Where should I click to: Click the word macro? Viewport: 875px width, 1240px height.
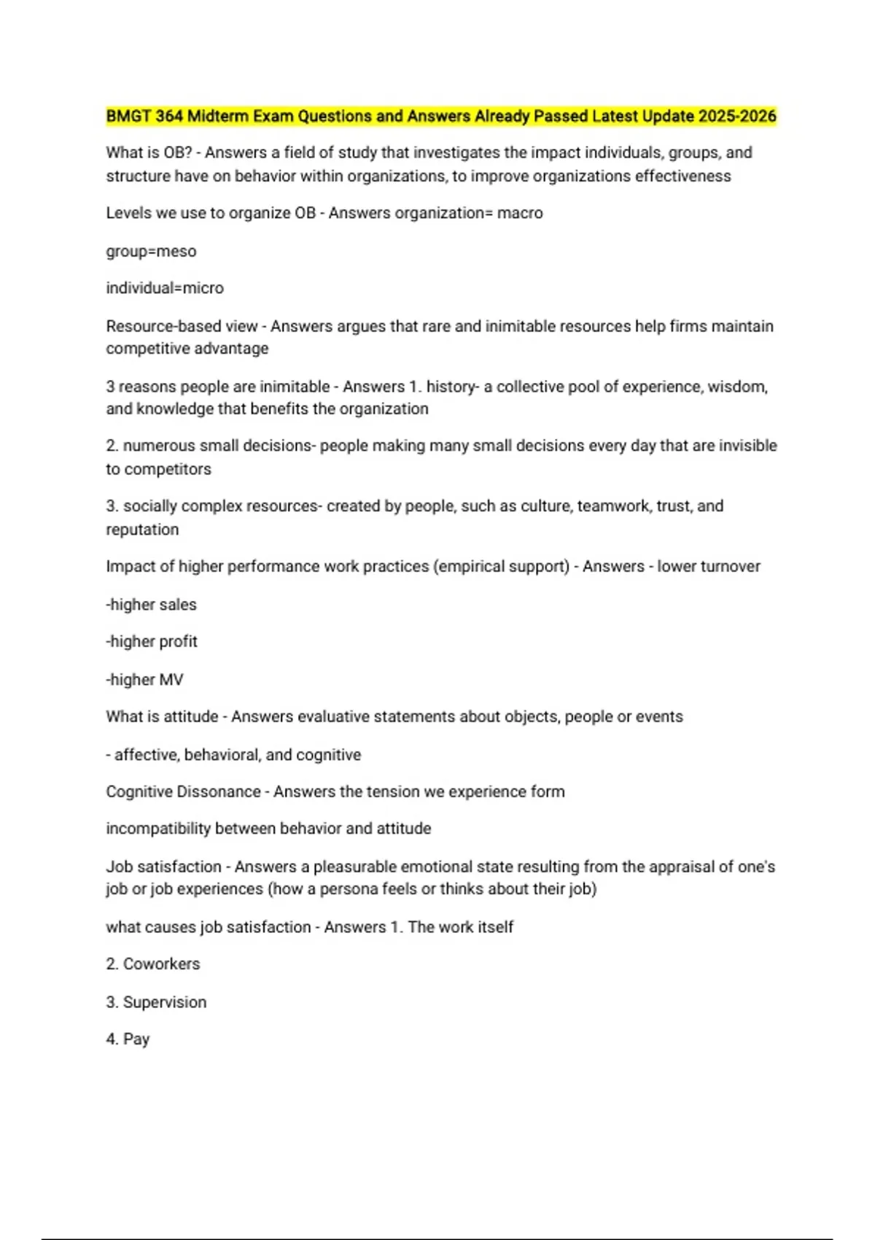coord(520,214)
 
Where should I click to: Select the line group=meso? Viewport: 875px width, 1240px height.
coord(151,252)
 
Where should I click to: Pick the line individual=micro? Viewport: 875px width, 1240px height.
coord(165,288)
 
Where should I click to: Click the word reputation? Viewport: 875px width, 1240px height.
coord(142,530)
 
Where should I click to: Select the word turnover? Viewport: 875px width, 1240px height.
coord(730,567)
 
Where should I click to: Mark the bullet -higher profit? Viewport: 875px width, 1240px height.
coord(152,642)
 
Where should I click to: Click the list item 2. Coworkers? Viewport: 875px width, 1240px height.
coord(153,964)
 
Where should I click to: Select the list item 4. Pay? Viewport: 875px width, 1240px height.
coord(128,1039)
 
